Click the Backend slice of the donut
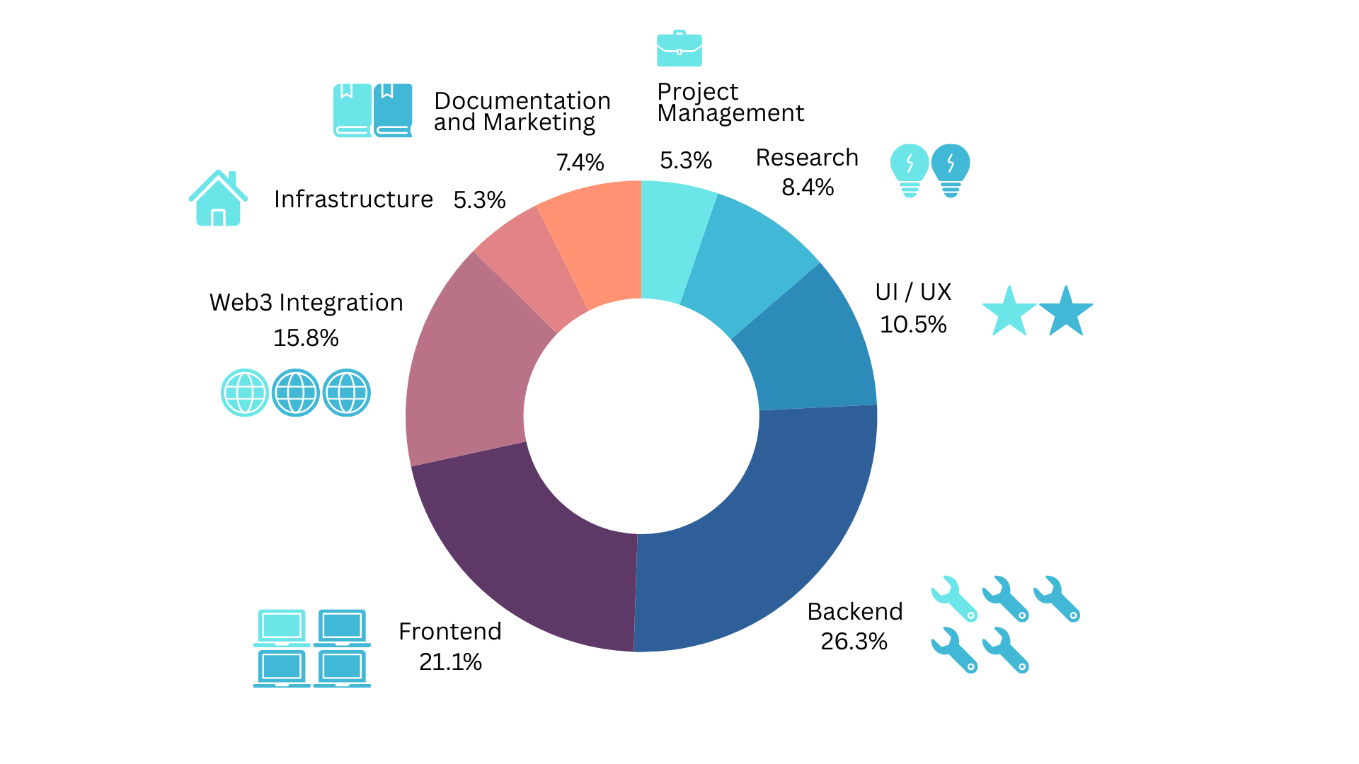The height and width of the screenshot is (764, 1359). tap(779, 538)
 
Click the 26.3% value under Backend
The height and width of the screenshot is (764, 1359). tap(854, 642)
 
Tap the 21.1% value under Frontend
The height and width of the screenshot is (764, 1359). tap(450, 662)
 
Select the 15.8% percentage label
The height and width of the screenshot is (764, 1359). tap(306, 338)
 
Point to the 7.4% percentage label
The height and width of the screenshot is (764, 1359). tap(580, 163)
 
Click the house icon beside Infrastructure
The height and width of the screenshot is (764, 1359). tap(218, 199)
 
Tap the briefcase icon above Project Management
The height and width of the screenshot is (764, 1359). tap(679, 49)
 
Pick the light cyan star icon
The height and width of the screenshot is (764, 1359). tap(1009, 311)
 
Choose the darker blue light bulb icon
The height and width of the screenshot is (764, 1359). tap(951, 170)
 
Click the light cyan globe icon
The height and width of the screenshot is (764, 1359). tap(245, 393)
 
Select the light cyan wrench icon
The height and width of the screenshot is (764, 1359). tap(954, 598)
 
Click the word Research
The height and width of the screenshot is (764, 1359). tap(807, 158)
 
